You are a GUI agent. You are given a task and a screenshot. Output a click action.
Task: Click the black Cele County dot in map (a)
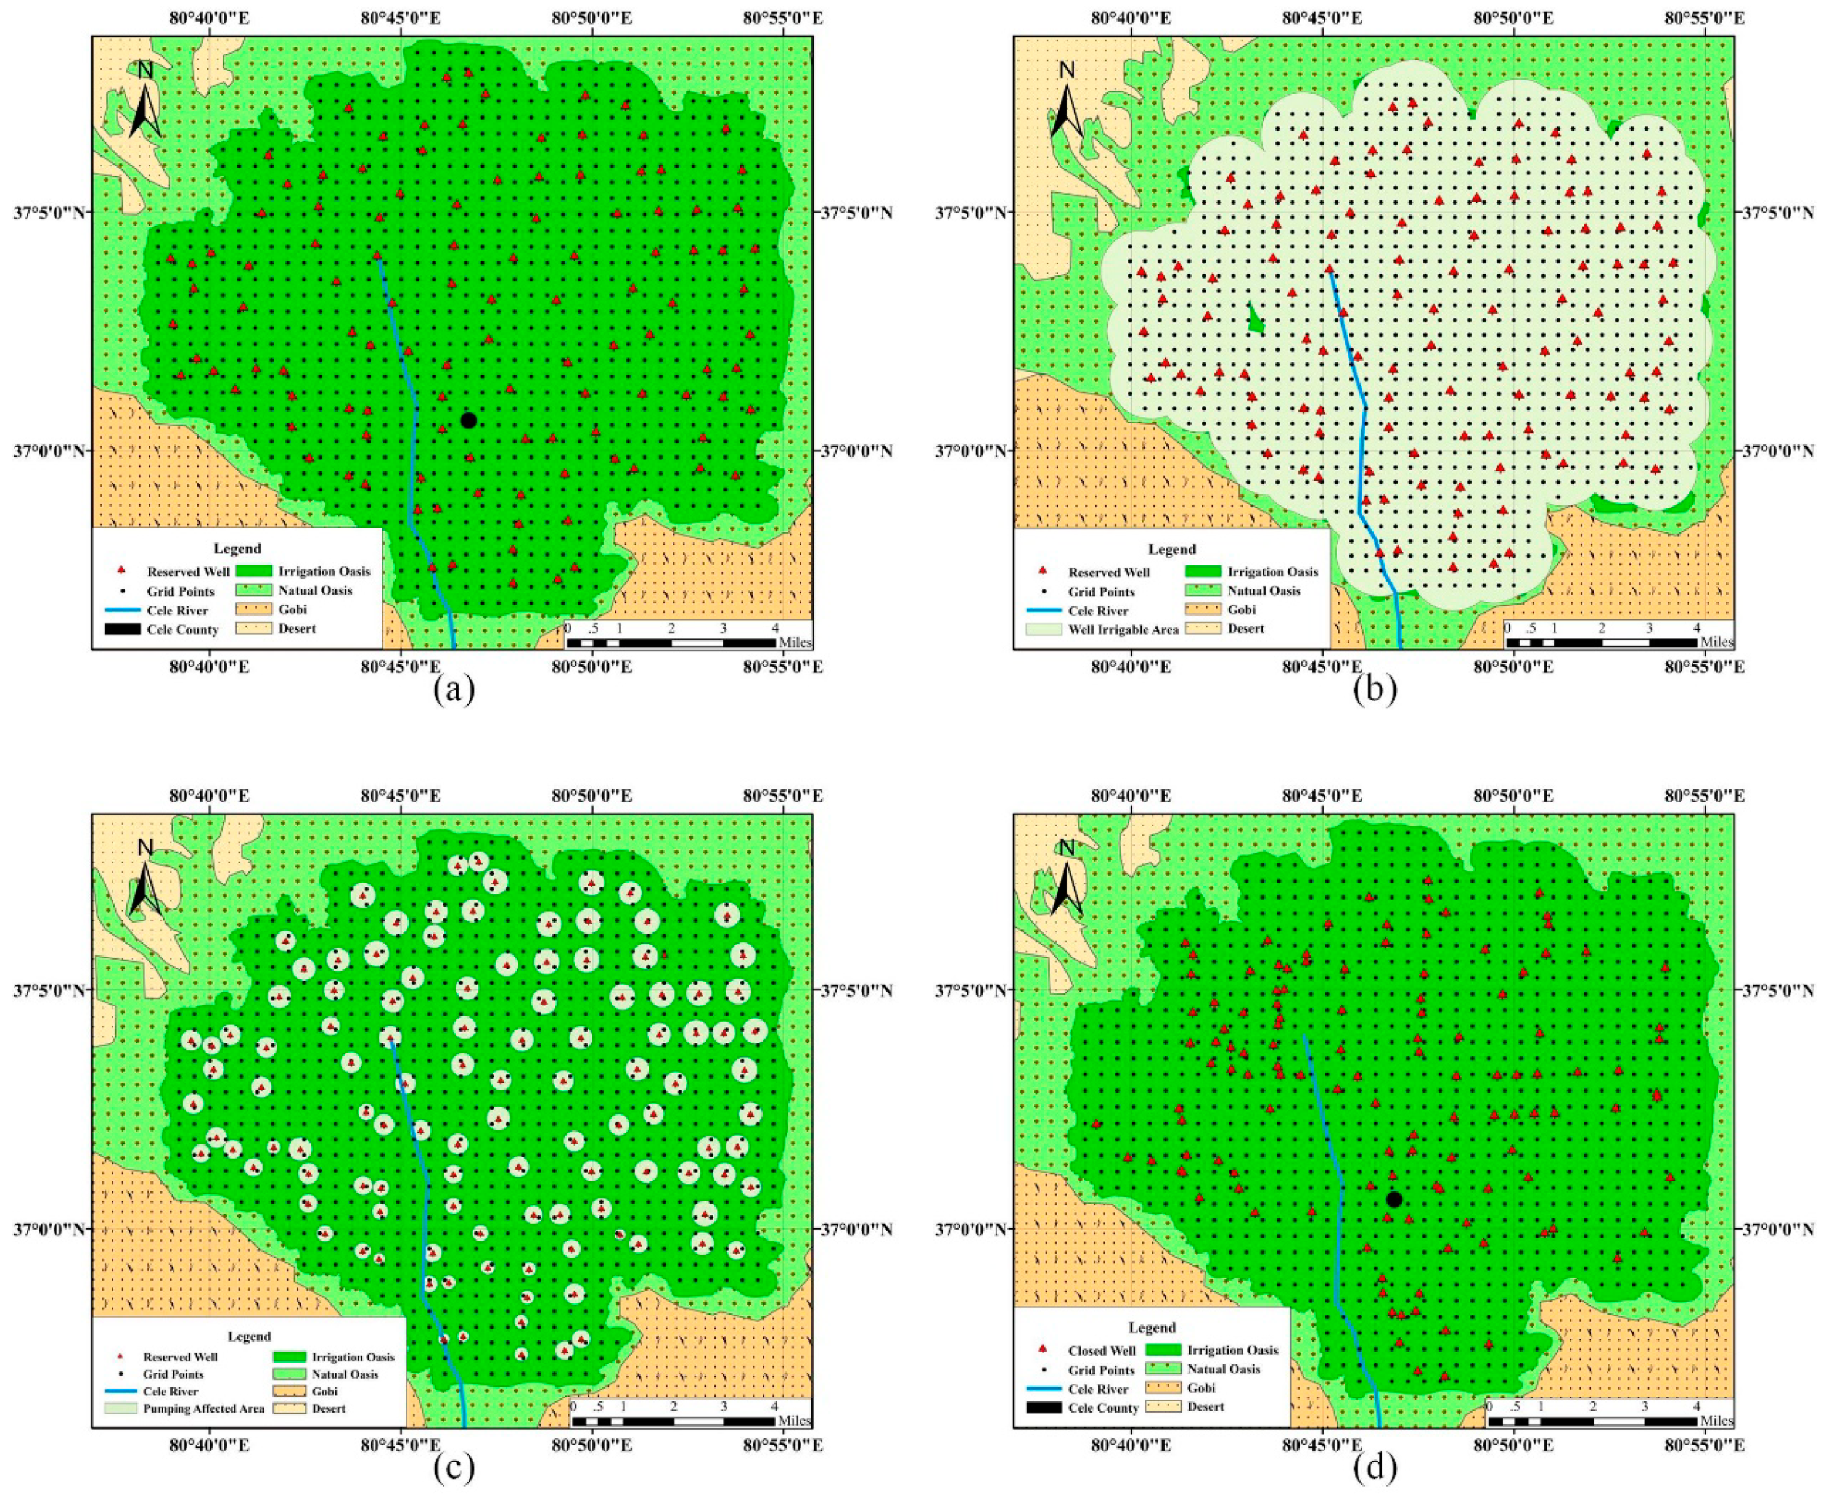click(x=469, y=420)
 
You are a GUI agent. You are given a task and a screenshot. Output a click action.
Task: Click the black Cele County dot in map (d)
click(x=1394, y=1199)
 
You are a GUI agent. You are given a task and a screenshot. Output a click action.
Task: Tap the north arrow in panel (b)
click(x=1067, y=99)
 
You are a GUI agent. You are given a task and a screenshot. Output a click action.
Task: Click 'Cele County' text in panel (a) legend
click(x=183, y=629)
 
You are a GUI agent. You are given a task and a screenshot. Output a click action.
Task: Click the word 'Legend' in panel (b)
click(x=1171, y=549)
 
